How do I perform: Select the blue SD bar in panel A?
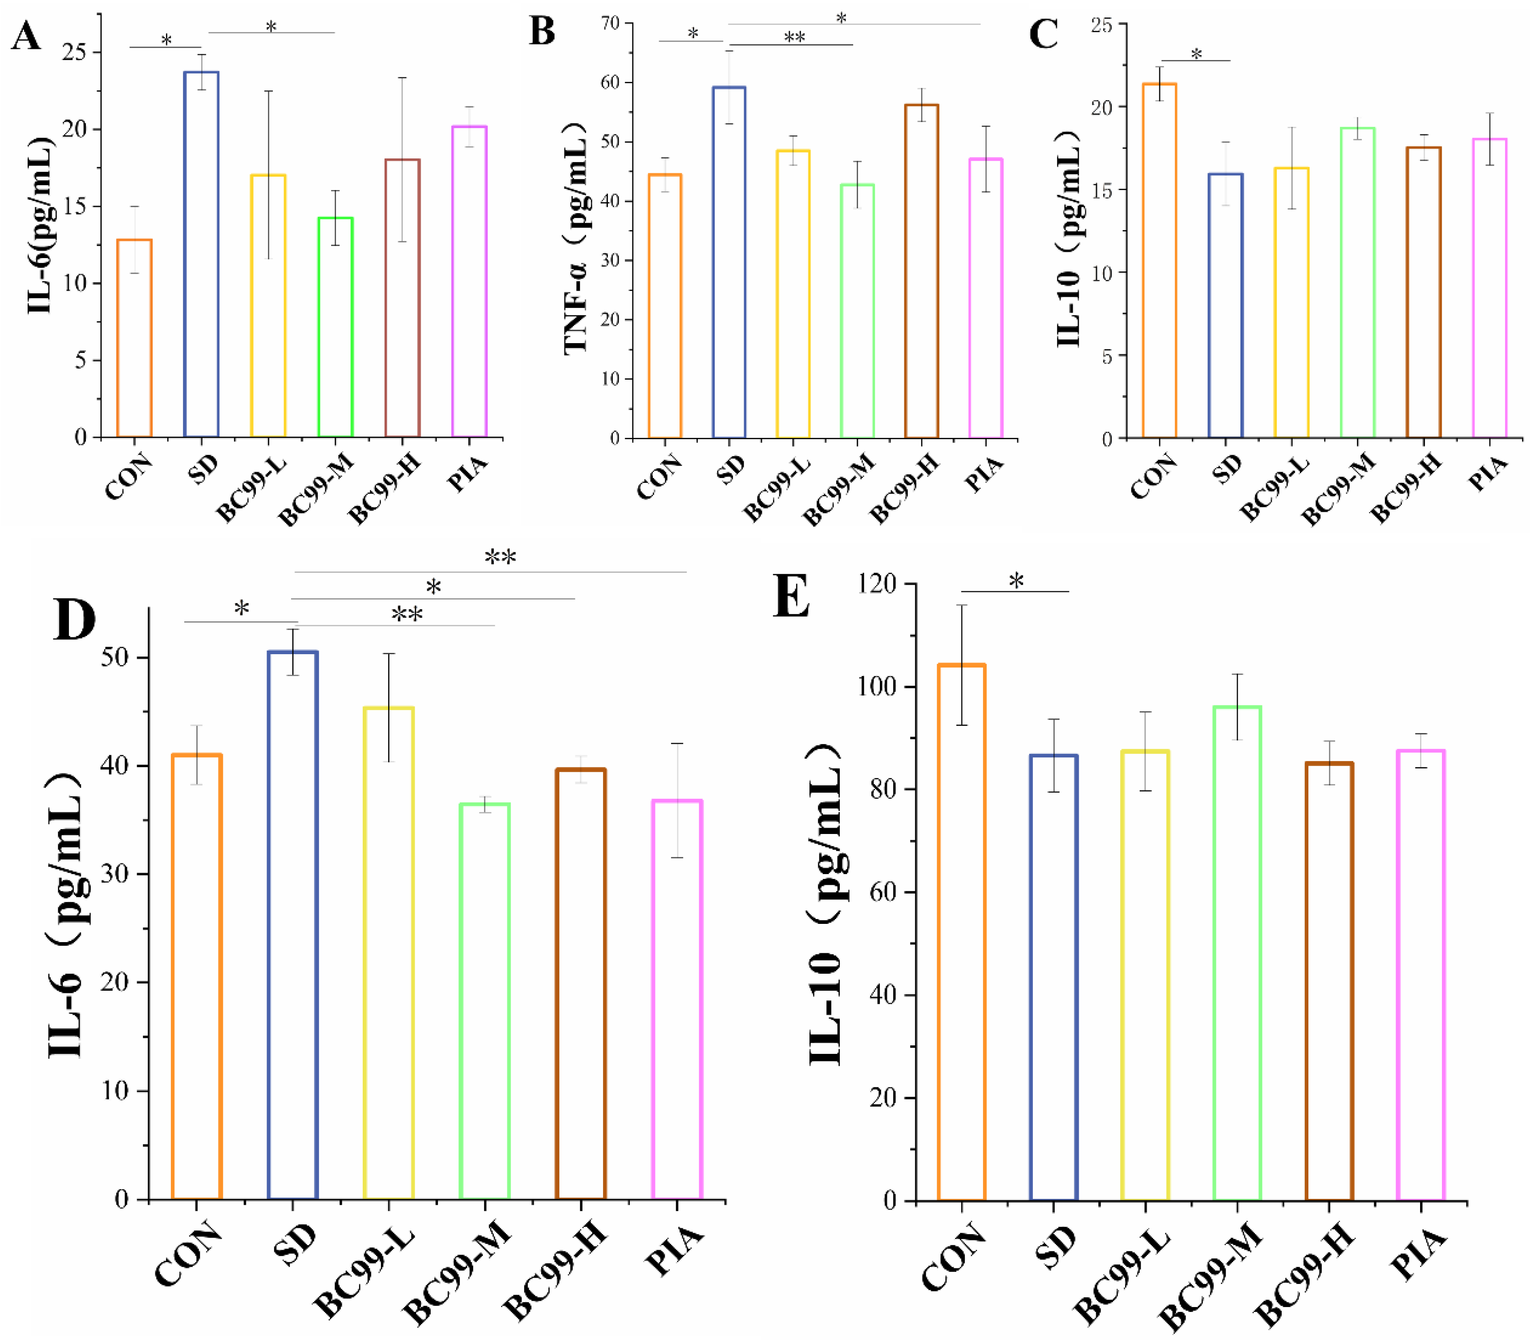[201, 254]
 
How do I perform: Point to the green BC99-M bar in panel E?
[1236, 953]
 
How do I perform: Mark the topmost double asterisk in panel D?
[500, 556]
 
